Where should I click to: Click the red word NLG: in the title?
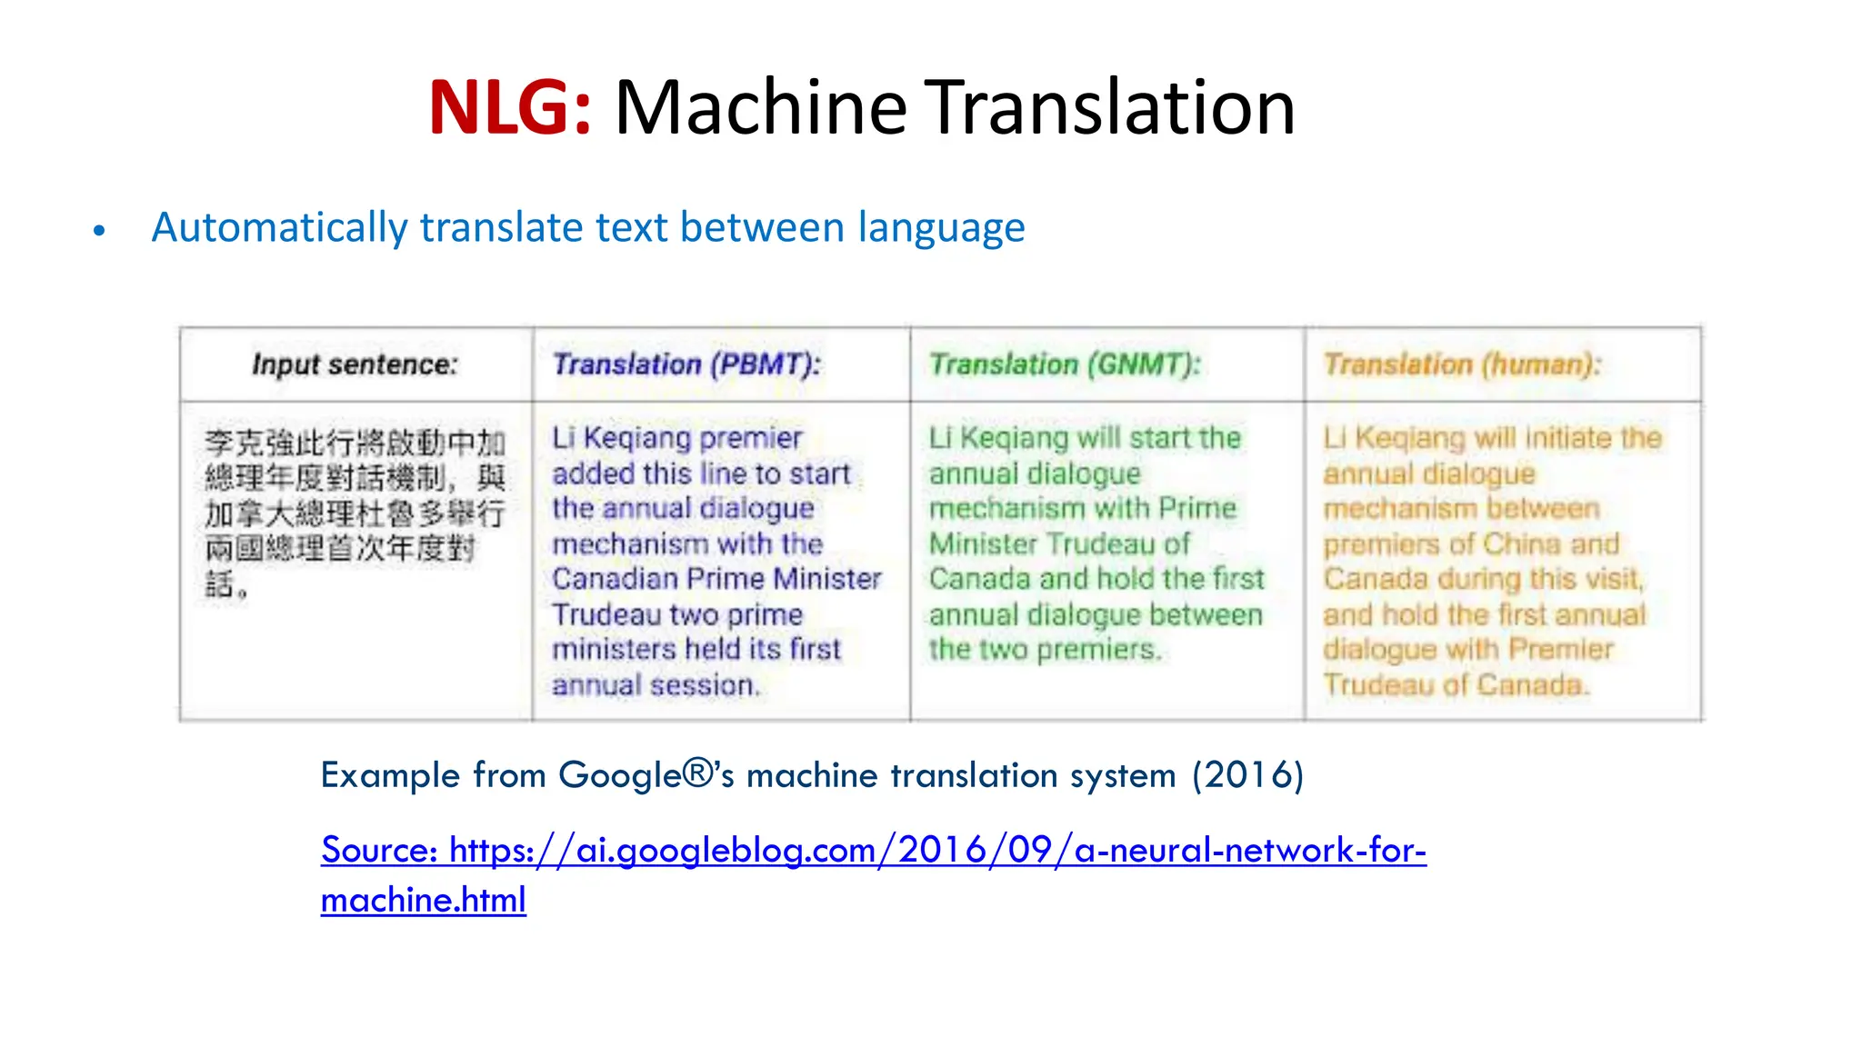point(510,108)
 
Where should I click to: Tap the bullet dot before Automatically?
point(99,231)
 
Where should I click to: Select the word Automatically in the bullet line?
point(279,228)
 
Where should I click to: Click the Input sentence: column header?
point(355,364)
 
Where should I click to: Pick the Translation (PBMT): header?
point(686,364)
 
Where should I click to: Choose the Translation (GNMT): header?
point(1065,364)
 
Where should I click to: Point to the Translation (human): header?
point(1462,364)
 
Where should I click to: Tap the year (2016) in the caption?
point(1248,775)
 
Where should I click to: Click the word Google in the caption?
point(620,775)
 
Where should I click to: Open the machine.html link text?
point(424,900)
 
